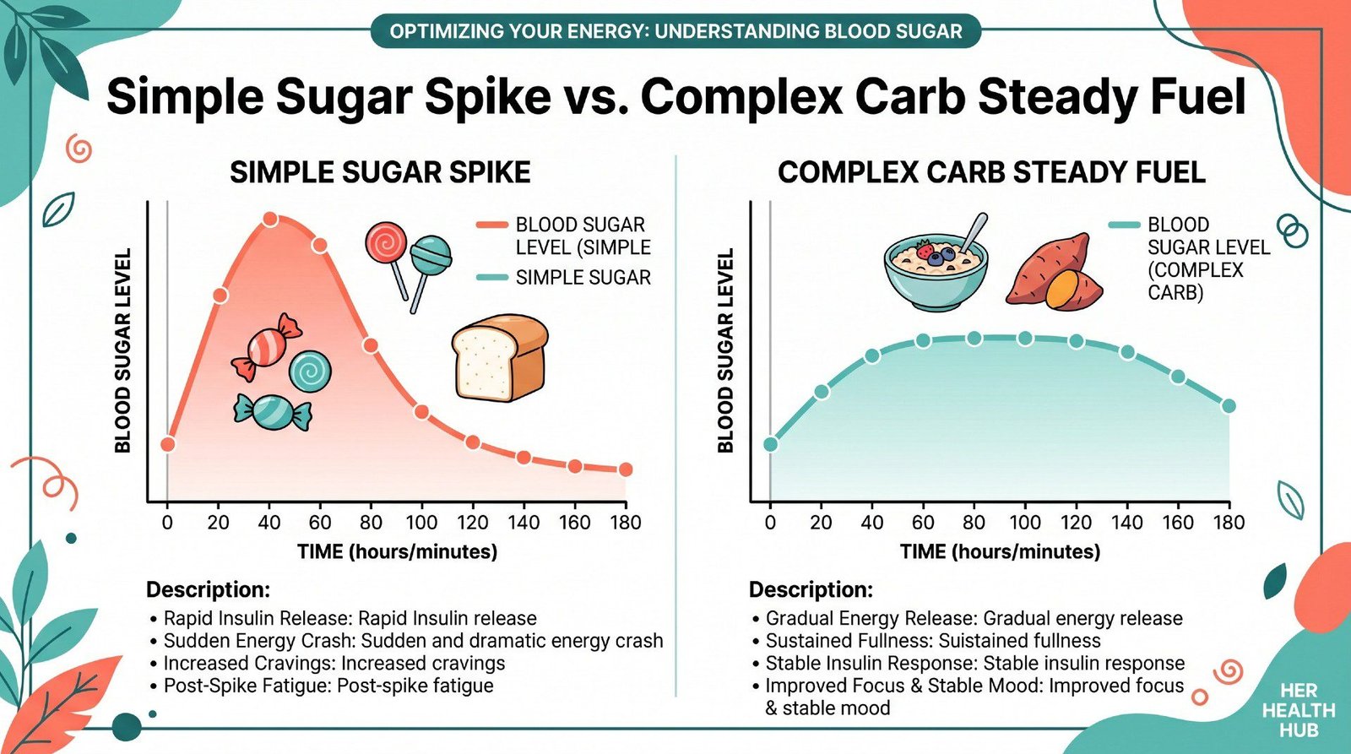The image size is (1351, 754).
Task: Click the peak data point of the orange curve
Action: (x=270, y=220)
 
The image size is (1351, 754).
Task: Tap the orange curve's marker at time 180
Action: (x=626, y=469)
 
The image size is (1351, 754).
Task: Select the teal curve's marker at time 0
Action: (x=770, y=444)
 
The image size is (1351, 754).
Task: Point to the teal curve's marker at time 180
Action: (x=1229, y=406)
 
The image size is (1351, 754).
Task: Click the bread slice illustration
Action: (x=499, y=358)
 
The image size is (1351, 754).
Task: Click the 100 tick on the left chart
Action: (x=421, y=523)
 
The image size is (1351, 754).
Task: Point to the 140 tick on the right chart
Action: (x=1127, y=523)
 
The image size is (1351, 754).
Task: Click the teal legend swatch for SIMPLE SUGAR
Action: (x=491, y=278)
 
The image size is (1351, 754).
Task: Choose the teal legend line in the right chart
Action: (x=1124, y=225)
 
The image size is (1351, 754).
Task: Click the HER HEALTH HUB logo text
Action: (x=1298, y=710)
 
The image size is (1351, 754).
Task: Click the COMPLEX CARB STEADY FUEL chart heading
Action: (x=991, y=172)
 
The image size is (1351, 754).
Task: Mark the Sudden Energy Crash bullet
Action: (x=413, y=641)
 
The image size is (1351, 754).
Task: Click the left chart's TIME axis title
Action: (x=397, y=552)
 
